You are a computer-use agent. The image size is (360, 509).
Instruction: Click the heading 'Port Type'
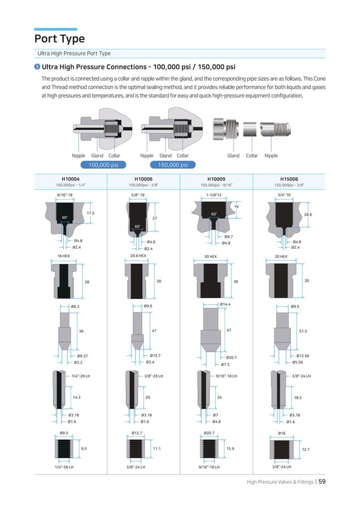click(59, 39)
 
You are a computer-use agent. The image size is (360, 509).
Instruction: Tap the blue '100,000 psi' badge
click(103, 165)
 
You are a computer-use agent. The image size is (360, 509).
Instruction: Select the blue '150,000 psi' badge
click(173, 165)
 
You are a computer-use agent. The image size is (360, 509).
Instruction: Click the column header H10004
click(71, 179)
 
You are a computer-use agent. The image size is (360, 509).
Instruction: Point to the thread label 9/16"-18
click(65, 195)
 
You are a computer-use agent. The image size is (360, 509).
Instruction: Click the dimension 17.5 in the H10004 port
click(91, 213)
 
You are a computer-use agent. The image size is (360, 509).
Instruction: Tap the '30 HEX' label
click(211, 256)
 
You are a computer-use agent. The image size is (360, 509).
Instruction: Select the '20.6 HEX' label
click(138, 255)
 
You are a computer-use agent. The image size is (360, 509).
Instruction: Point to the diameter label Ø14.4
click(226, 304)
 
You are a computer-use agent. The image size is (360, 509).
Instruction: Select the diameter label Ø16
click(282, 433)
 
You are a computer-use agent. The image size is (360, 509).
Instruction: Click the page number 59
click(321, 481)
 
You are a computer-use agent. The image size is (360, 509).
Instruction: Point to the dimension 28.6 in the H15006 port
click(308, 215)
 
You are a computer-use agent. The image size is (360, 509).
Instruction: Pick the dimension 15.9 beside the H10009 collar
click(230, 449)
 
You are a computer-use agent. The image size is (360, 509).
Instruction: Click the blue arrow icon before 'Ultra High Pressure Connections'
click(37, 66)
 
